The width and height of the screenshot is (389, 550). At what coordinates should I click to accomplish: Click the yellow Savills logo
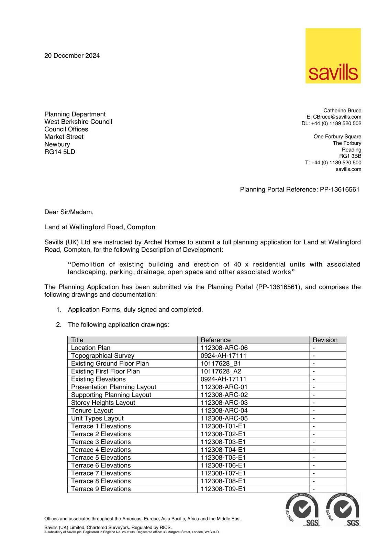[333, 56]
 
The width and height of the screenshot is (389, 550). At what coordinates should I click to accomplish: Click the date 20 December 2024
[72, 56]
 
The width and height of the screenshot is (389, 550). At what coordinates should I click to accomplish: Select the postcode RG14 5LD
[59, 152]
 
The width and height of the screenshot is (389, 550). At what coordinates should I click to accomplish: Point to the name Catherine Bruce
[342, 110]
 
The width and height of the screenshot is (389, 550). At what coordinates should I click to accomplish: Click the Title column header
[77, 340]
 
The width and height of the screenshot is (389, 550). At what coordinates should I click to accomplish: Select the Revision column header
[325, 340]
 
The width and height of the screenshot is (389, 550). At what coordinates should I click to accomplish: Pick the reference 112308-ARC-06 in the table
[224, 348]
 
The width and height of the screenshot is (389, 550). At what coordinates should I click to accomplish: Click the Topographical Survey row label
[102, 356]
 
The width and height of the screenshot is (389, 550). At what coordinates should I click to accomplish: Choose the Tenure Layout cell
[92, 410]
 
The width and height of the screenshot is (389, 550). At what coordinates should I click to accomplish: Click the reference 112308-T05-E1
[223, 458]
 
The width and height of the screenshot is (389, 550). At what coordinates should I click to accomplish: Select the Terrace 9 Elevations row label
[101, 489]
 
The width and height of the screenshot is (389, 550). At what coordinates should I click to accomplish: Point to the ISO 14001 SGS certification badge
[302, 510]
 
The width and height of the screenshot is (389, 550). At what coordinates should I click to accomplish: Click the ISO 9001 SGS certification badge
[343, 510]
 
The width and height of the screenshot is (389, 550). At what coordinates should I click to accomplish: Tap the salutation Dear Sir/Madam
[69, 212]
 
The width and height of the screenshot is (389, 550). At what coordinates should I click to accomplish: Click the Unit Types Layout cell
[97, 418]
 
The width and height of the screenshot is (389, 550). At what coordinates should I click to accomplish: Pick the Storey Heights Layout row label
[103, 403]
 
